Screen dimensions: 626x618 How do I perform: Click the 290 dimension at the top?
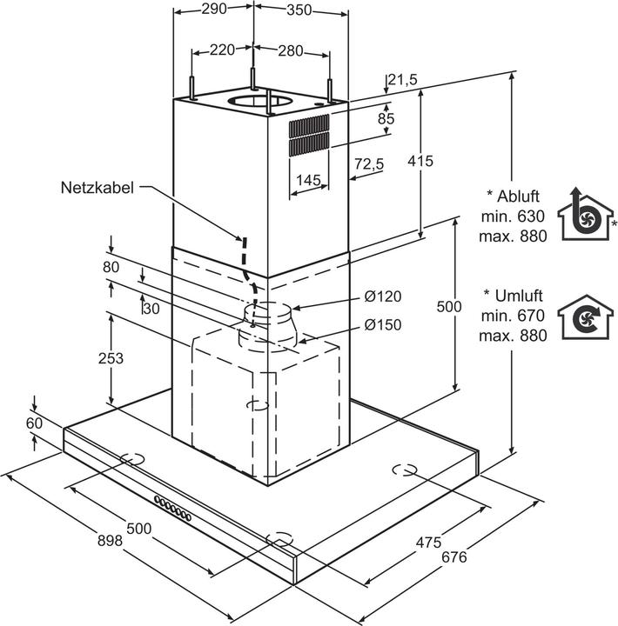point(214,10)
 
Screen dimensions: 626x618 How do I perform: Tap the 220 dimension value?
point(223,50)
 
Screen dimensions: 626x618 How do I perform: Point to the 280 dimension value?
point(291,50)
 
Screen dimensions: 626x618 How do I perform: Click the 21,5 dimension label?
point(403,80)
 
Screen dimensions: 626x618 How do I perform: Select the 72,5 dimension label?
point(369,164)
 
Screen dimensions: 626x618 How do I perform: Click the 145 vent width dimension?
point(309,180)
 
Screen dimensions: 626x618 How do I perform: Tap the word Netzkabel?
point(97,187)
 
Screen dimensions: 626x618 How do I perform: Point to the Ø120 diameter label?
point(383,296)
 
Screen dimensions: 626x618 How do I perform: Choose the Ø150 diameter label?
point(383,327)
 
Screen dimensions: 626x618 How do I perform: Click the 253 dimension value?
point(111,357)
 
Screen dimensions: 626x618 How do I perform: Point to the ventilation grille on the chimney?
point(310,135)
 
